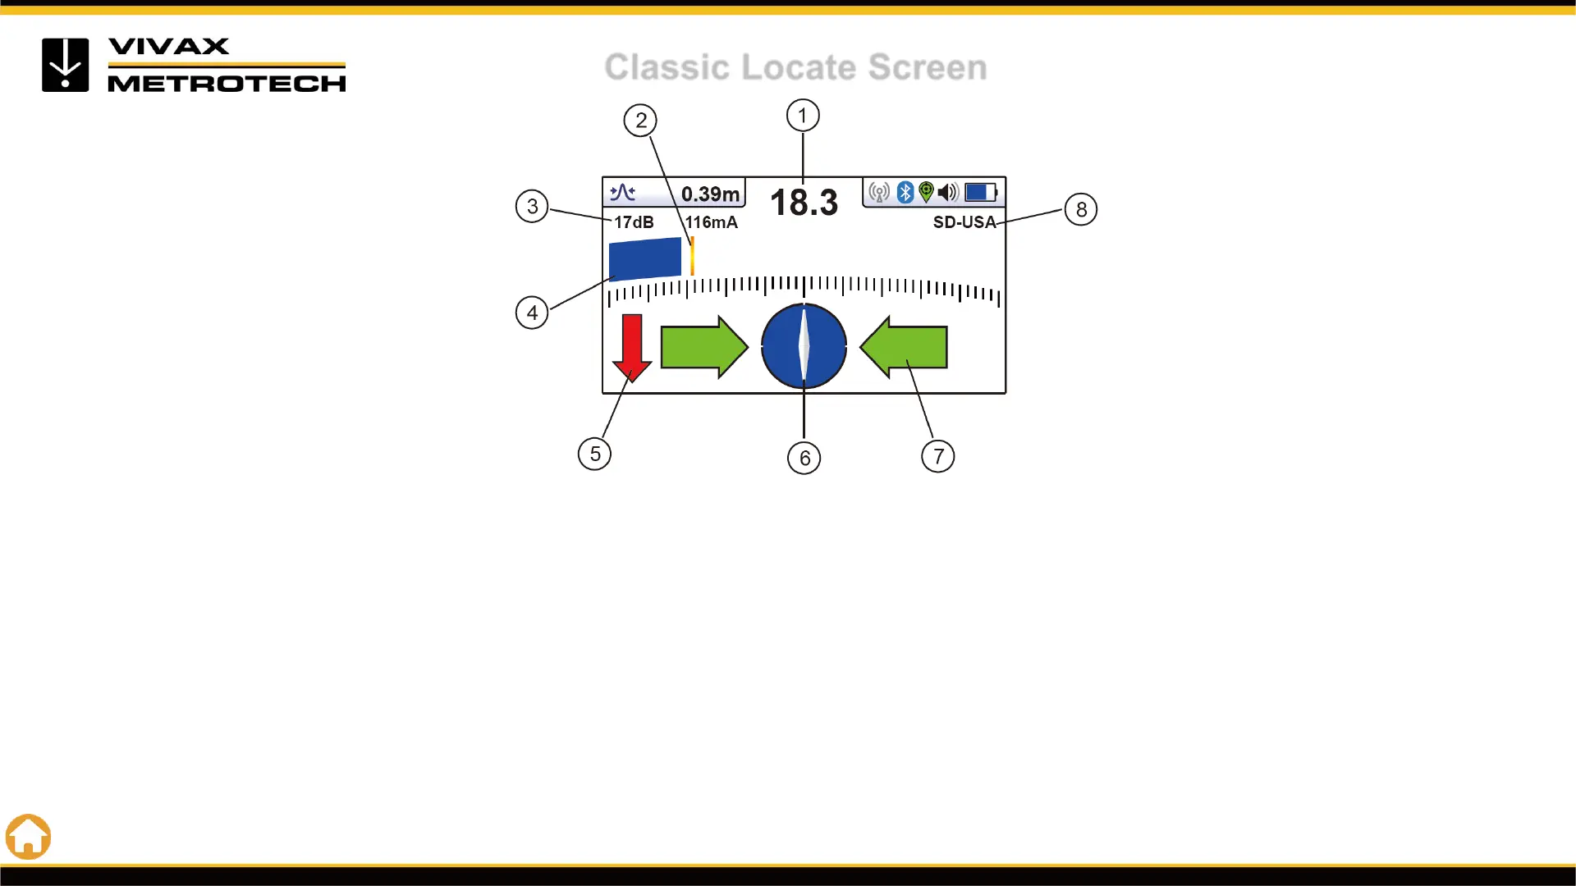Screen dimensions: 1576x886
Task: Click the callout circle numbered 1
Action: [x=803, y=116]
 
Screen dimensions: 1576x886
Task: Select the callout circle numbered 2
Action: [x=640, y=121]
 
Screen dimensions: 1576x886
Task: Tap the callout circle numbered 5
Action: [x=594, y=454]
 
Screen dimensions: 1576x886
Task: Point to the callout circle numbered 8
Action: [x=1080, y=210]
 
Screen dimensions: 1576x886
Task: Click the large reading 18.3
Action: [x=804, y=203]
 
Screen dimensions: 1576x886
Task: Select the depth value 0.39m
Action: [x=710, y=194]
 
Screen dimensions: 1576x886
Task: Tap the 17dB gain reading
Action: [x=634, y=222]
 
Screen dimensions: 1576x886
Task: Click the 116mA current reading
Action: [x=711, y=222]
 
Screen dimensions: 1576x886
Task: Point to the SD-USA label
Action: [x=964, y=222]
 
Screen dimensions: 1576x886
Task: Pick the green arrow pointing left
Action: [x=904, y=347]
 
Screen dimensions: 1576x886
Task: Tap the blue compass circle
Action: [x=804, y=346]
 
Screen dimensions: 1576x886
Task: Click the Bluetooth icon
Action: [x=905, y=192]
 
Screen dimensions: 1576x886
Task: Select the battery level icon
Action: [x=980, y=192]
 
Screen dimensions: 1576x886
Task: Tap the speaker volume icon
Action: [x=948, y=192]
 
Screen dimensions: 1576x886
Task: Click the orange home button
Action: [x=29, y=837]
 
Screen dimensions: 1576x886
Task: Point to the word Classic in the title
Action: [x=667, y=67]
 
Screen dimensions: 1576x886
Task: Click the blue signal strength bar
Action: [x=645, y=258]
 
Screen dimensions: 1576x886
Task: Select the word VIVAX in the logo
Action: [x=169, y=47]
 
